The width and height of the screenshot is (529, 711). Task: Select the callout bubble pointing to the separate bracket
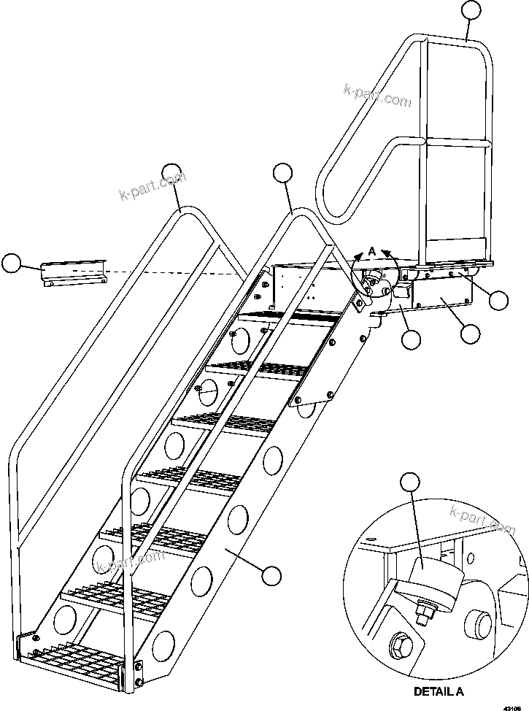(11, 264)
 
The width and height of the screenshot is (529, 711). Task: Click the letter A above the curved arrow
(371, 251)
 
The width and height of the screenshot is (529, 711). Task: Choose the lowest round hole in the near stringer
(163, 646)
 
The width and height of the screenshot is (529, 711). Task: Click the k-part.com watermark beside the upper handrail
(377, 96)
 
